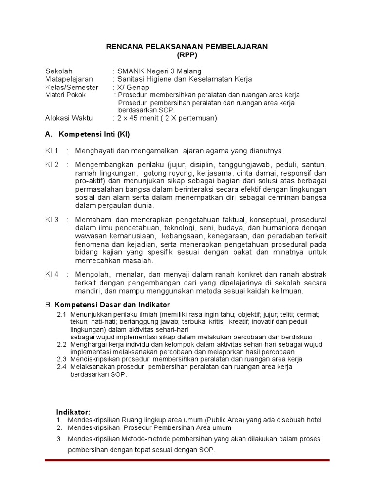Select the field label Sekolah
[58, 71]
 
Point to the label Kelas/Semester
[72, 88]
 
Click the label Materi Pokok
[65, 95]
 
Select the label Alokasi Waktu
[69, 118]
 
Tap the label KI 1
[52, 150]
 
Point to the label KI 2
[52, 164]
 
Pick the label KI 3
[52, 220]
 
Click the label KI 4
[52, 274]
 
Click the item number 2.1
[61, 314]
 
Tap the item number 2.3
[61, 359]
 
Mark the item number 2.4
[61, 367]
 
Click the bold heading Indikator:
[73, 412]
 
